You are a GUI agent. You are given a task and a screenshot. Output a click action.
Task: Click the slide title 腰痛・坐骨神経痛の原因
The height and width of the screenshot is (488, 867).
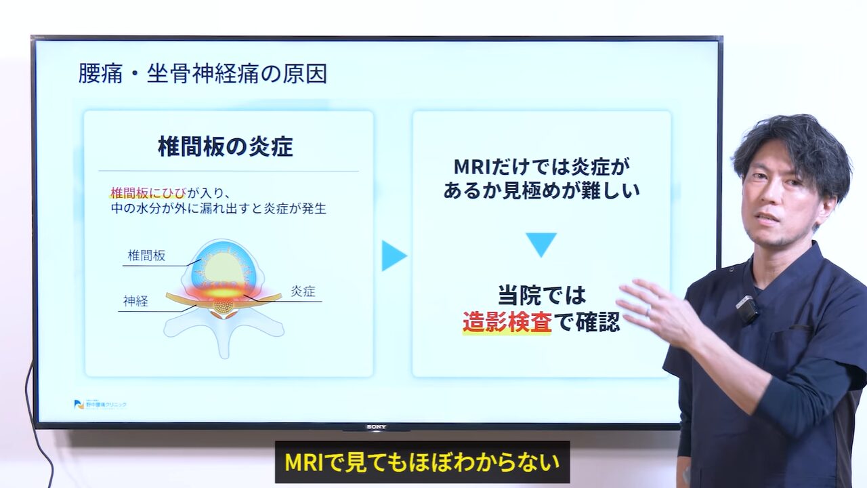[203, 73]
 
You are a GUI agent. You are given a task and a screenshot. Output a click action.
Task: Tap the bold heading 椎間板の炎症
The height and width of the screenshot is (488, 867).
[226, 146]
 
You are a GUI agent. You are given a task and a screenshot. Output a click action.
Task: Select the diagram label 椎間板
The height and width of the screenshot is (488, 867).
[146, 256]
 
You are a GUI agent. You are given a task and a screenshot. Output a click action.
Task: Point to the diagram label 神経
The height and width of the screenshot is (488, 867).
[135, 301]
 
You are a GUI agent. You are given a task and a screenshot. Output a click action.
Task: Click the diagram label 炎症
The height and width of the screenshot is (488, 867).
[303, 291]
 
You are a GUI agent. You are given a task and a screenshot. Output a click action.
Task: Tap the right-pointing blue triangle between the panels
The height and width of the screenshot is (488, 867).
[393, 256]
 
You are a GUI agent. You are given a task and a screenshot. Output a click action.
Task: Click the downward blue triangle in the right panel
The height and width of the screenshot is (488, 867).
[541, 244]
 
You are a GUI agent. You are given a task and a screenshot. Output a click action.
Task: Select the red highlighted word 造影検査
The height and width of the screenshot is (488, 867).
[507, 322]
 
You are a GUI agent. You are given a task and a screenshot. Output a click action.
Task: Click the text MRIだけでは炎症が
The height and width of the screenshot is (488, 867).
[541, 166]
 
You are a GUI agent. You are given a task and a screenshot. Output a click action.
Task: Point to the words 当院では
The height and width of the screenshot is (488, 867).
[541, 296]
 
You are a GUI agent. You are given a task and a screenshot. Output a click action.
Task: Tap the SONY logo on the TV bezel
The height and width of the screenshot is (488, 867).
[376, 427]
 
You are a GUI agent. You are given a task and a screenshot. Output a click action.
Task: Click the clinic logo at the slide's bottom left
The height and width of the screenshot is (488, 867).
[100, 404]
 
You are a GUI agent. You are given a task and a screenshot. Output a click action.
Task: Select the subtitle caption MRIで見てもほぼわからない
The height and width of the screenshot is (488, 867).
[422, 462]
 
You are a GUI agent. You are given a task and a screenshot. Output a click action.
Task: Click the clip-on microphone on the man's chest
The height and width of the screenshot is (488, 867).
[746, 309]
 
